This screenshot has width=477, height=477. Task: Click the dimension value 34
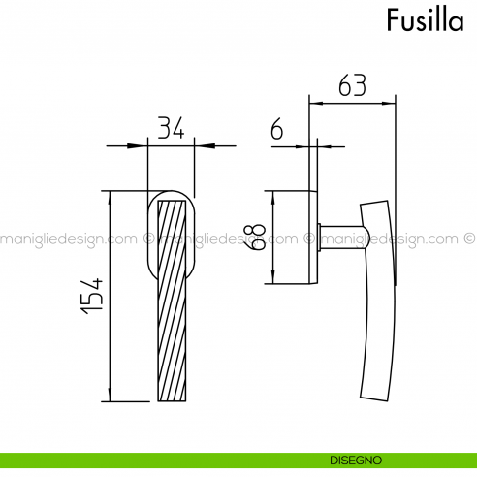171,128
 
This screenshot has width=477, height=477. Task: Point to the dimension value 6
277,129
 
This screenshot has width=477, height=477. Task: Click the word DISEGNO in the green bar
354,461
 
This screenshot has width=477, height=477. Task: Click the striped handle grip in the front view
171,301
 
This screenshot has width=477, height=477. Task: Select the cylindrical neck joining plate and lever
338,237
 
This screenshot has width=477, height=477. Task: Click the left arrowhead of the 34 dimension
143,145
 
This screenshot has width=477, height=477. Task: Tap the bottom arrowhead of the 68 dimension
274,278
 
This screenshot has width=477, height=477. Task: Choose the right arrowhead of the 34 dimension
200,145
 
